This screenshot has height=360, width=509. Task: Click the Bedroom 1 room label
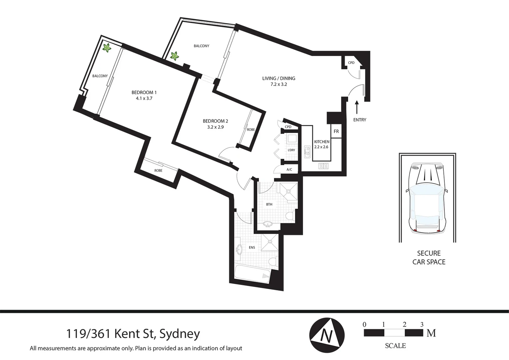[x=144, y=92]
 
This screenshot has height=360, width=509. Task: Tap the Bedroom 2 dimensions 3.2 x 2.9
[x=215, y=127]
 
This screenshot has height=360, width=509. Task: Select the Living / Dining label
[x=278, y=78]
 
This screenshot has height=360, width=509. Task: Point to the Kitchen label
[x=321, y=142]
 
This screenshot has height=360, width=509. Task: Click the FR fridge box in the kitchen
[x=336, y=131]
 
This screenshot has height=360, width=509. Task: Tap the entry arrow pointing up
[x=357, y=107]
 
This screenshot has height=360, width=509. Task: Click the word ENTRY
[x=359, y=120]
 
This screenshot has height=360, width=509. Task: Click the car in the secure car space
[x=427, y=198]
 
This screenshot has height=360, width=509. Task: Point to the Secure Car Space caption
[x=429, y=257]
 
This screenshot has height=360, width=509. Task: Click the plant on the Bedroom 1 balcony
[x=107, y=48]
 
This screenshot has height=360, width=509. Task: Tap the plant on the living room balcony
[x=174, y=56]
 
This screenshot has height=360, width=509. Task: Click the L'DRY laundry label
[x=291, y=150]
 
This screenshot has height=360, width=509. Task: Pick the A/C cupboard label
[x=289, y=170]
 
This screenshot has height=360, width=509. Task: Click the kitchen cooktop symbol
[x=323, y=165]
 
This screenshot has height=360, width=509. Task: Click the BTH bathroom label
[x=269, y=204]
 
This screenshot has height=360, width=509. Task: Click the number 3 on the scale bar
[x=422, y=324]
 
